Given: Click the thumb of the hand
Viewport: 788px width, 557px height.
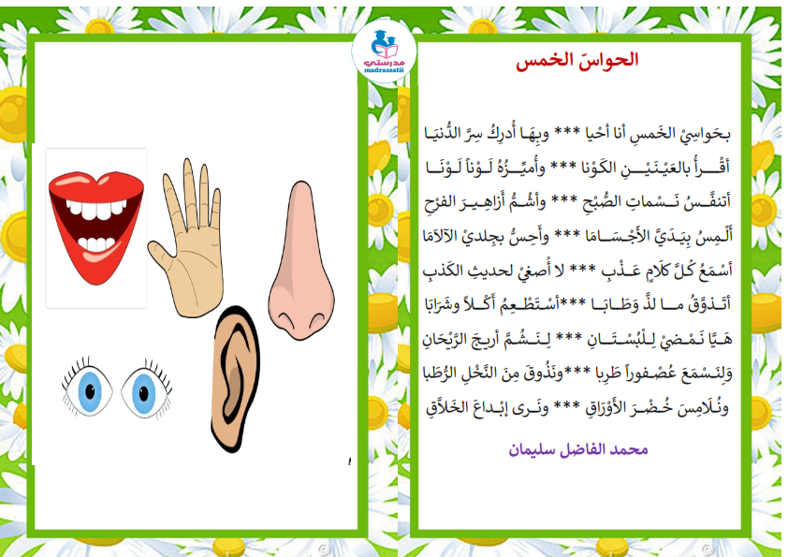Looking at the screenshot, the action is click(161, 257).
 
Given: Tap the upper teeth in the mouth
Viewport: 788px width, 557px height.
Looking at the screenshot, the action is click(96, 209).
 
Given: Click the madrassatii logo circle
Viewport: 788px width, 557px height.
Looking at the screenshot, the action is click(384, 51).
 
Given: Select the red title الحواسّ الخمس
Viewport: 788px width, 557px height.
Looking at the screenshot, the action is click(576, 60).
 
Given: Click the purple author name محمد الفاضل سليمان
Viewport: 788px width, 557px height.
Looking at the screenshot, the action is click(578, 449).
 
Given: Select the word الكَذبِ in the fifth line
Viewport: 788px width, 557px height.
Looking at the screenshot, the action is click(443, 271).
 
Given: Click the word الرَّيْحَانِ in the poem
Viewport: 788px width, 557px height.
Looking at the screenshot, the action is click(447, 339).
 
